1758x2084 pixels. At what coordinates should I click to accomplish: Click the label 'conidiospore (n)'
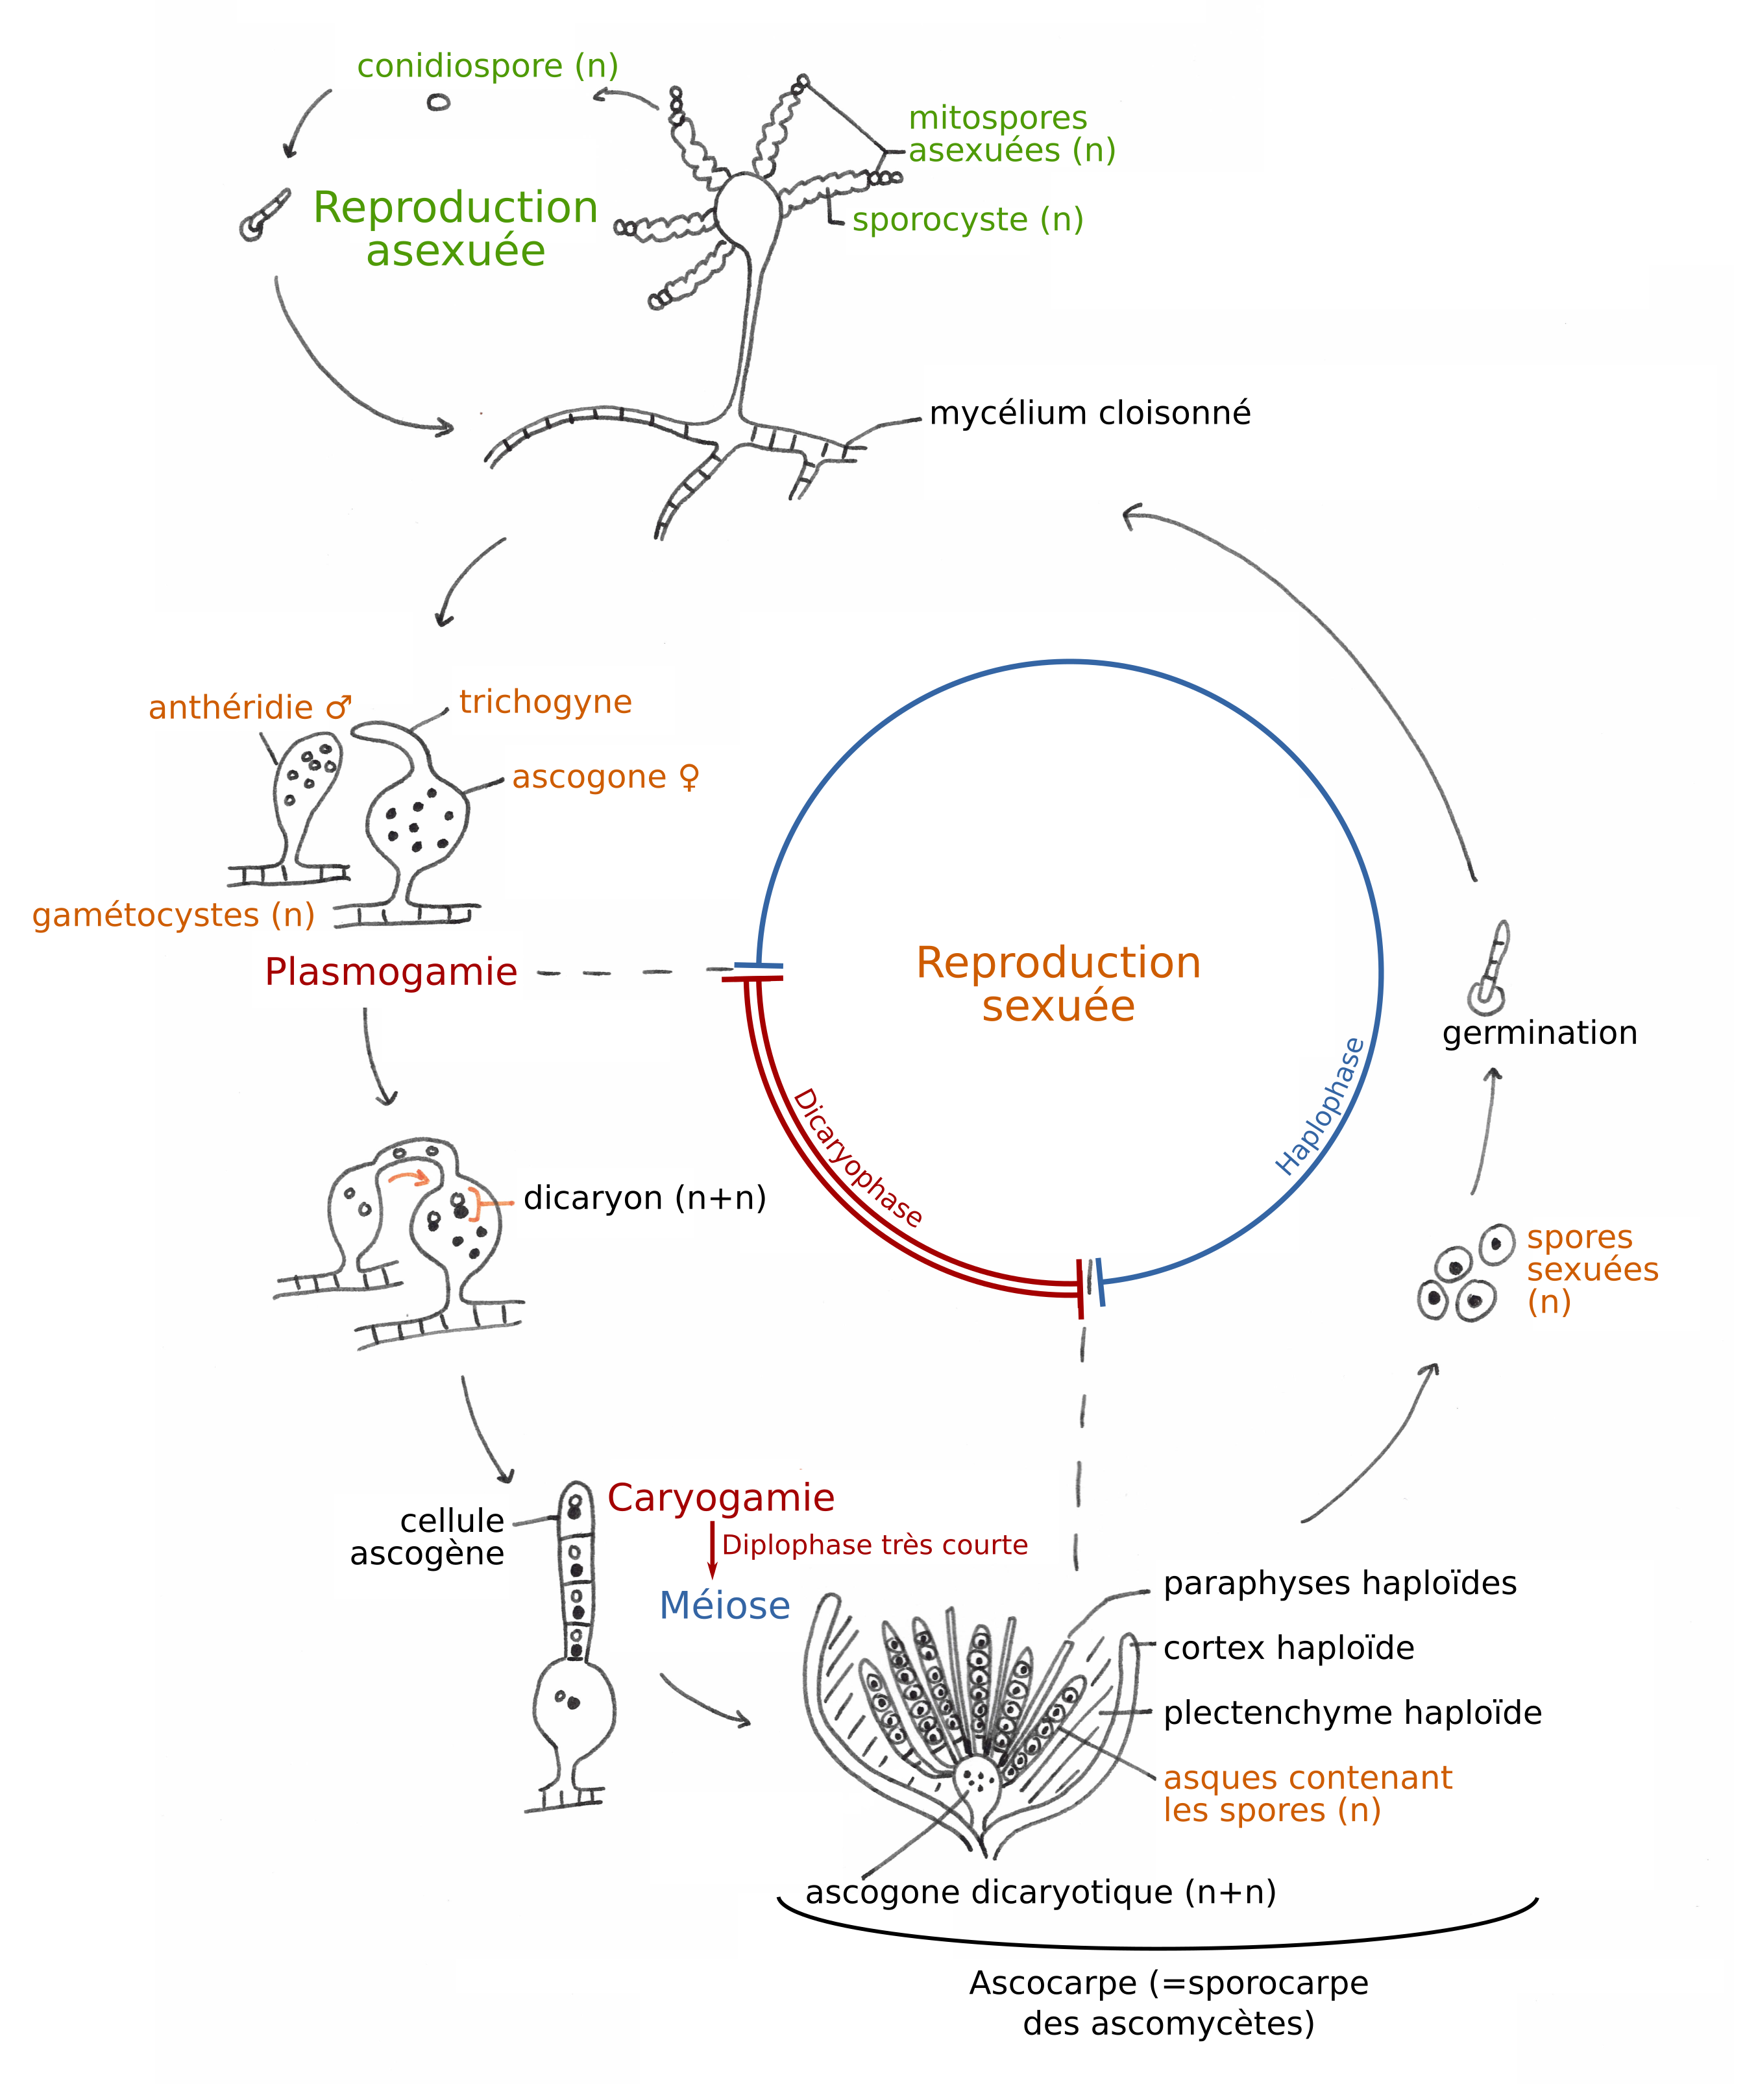point(487,66)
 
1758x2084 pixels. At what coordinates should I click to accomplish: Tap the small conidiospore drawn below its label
point(439,102)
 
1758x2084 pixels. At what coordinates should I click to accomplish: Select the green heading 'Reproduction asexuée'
point(456,229)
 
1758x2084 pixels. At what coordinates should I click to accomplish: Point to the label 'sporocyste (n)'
point(967,219)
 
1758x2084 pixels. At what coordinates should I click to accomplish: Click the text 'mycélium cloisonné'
point(1090,413)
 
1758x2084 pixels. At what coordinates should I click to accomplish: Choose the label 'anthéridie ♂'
point(249,707)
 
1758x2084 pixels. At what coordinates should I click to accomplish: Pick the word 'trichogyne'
point(545,702)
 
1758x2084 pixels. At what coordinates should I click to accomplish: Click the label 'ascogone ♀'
point(605,777)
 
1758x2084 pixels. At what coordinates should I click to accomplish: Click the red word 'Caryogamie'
point(720,1498)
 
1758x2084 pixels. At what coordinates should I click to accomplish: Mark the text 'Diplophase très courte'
point(874,1545)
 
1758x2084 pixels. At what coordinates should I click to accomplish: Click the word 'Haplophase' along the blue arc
point(1321,1107)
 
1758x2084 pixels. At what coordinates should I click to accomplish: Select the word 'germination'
point(1539,1033)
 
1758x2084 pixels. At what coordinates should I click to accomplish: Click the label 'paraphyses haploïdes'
point(1339,1583)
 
